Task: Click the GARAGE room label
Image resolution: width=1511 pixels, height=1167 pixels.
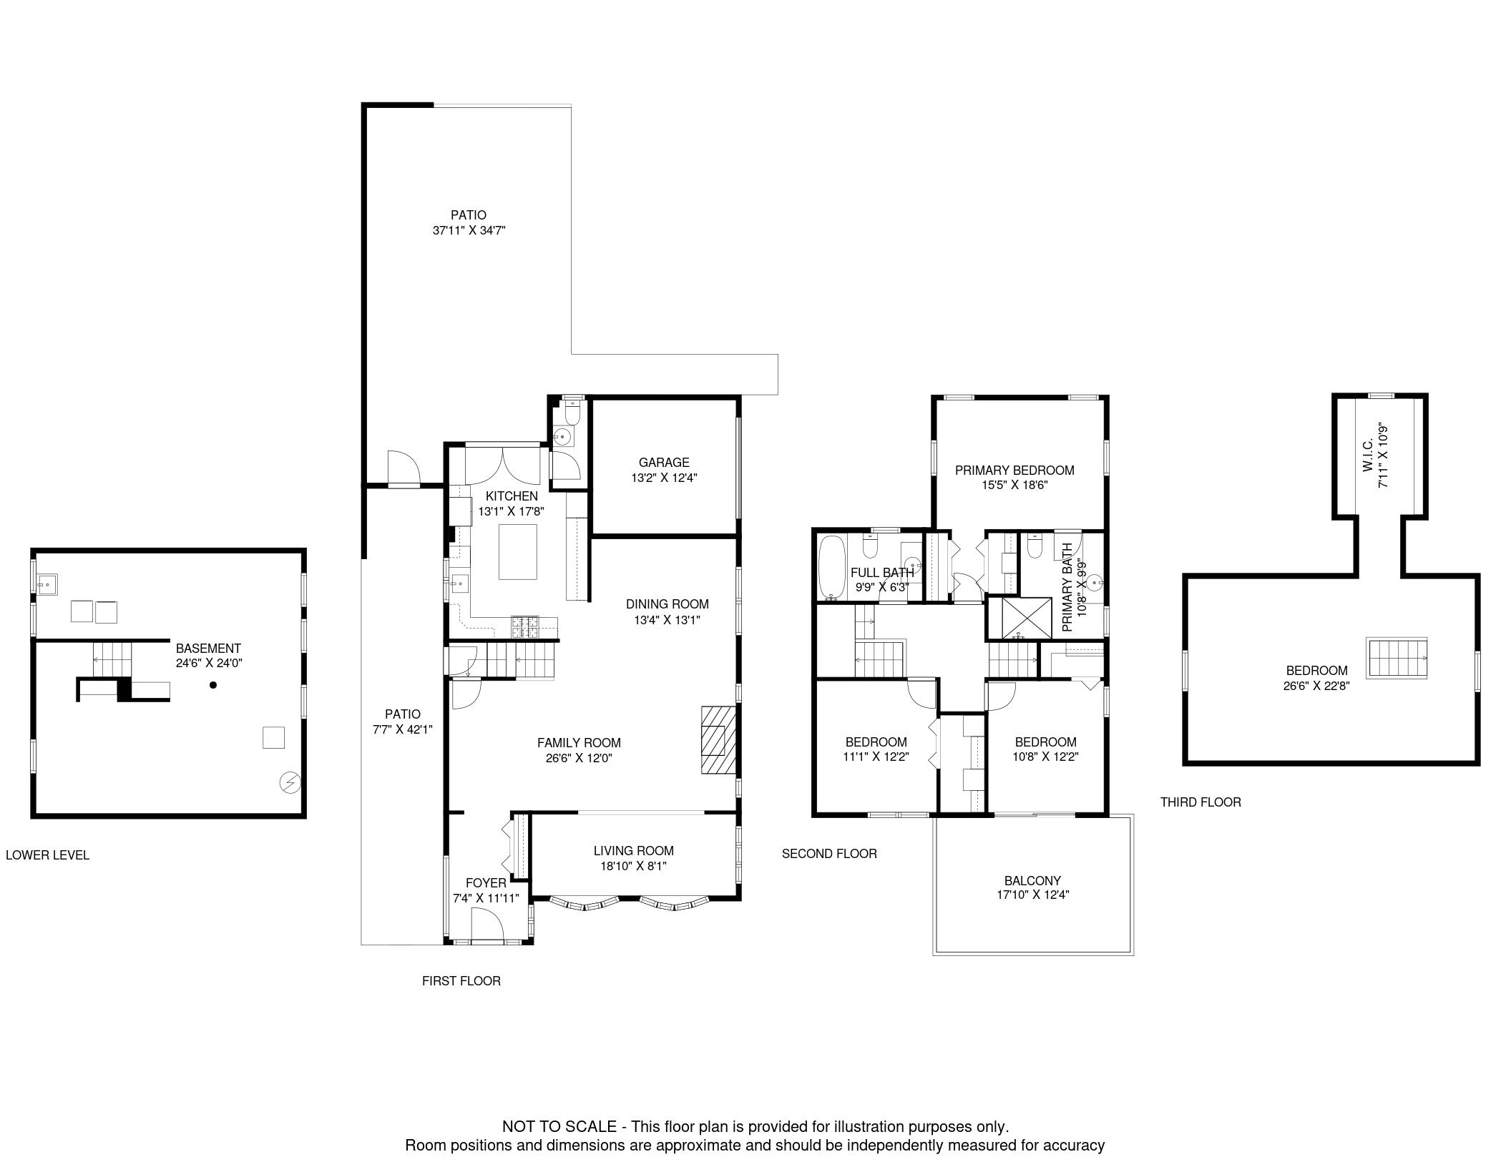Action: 664,463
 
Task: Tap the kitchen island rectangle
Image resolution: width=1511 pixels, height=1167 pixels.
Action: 518,552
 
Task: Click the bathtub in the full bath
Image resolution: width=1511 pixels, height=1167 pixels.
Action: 831,566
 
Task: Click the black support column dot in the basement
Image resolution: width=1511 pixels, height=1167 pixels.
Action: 212,685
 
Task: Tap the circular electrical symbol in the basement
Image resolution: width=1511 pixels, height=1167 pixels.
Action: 290,783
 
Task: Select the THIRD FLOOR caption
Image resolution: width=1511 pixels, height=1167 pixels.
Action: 1201,802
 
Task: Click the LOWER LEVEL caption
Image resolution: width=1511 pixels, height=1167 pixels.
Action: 47,855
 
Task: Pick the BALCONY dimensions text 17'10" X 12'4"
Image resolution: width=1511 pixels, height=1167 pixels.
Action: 1032,895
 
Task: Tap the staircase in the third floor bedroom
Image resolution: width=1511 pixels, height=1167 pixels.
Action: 1397,658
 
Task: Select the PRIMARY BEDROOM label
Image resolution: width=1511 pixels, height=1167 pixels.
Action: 1014,471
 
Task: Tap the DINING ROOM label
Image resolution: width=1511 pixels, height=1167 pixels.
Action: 667,604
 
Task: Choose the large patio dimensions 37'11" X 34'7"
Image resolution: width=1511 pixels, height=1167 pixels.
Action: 469,230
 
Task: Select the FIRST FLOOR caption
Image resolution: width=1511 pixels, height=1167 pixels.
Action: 461,981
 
